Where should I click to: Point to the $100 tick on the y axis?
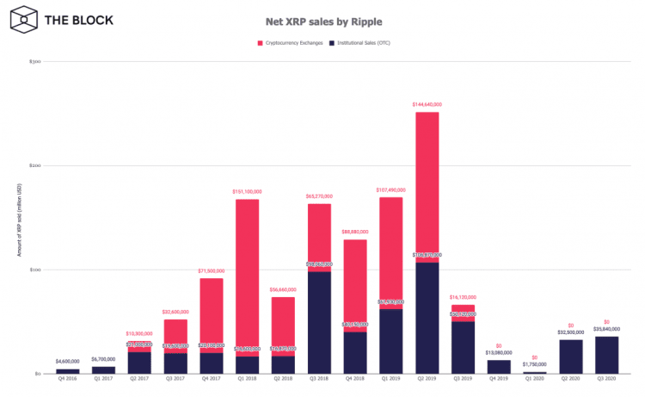[34, 270]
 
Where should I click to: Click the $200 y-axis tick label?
[34, 165]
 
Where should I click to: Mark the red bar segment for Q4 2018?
[355, 284]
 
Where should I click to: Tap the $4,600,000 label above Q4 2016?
[68, 361]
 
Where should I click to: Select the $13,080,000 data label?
[499, 352]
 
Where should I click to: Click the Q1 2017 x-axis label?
[103, 381]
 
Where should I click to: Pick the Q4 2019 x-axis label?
[499, 381]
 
